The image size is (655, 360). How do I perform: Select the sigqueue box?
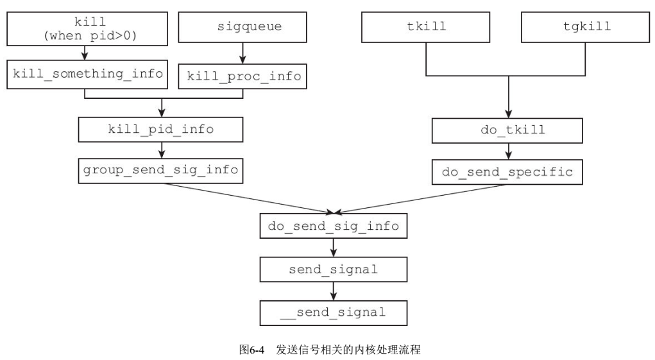(x=243, y=28)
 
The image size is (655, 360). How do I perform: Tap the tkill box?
(x=427, y=28)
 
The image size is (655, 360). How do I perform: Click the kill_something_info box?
(x=85, y=74)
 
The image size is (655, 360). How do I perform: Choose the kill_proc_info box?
(x=243, y=76)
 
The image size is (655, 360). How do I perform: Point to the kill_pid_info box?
(x=161, y=129)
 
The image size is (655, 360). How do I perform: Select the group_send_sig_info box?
(x=161, y=170)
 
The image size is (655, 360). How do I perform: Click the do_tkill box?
(x=508, y=130)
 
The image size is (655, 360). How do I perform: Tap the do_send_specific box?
(x=508, y=173)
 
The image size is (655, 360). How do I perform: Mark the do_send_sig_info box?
(x=333, y=227)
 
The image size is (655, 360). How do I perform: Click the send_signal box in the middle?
(x=333, y=270)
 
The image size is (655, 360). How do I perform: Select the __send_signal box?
(x=333, y=313)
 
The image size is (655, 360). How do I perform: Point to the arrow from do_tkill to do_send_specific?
(x=508, y=151)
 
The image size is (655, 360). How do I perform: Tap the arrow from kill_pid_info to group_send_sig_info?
(x=161, y=150)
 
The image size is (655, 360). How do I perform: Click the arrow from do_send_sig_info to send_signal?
(x=333, y=248)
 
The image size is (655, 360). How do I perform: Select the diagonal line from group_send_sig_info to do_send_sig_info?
(x=250, y=198)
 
